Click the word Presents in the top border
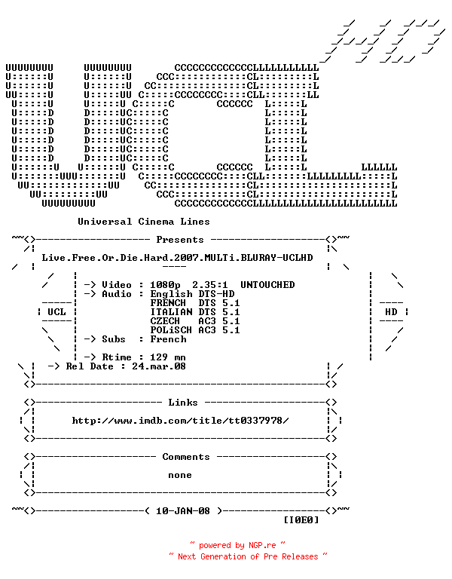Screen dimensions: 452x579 tap(180, 240)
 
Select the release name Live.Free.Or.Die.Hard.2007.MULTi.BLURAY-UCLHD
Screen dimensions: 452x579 tap(177, 257)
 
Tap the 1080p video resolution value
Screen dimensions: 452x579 tap(165, 285)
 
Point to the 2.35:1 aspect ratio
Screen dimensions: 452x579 tap(210, 285)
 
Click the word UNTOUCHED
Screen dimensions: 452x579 tap(267, 285)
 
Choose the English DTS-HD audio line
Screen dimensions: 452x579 tap(192, 294)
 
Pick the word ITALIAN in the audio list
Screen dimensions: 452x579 tap(171, 312)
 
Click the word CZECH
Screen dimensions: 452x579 tap(165, 321)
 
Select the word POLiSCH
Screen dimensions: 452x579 tap(171, 330)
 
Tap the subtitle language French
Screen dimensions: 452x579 tap(168, 339)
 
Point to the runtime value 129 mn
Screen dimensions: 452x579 tap(168, 357)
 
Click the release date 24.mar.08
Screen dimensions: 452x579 tap(159, 366)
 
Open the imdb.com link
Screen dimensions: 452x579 tap(181, 421)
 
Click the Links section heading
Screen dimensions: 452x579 tap(183, 403)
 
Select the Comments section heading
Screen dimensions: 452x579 tap(186, 457)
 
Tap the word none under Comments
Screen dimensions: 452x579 tap(180, 475)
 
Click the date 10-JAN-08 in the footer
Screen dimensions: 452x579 tap(183, 511)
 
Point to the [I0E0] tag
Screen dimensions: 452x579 tap(301, 520)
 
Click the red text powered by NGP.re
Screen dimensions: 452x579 tap(237, 545)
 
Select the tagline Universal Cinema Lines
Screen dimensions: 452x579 tap(144, 222)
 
